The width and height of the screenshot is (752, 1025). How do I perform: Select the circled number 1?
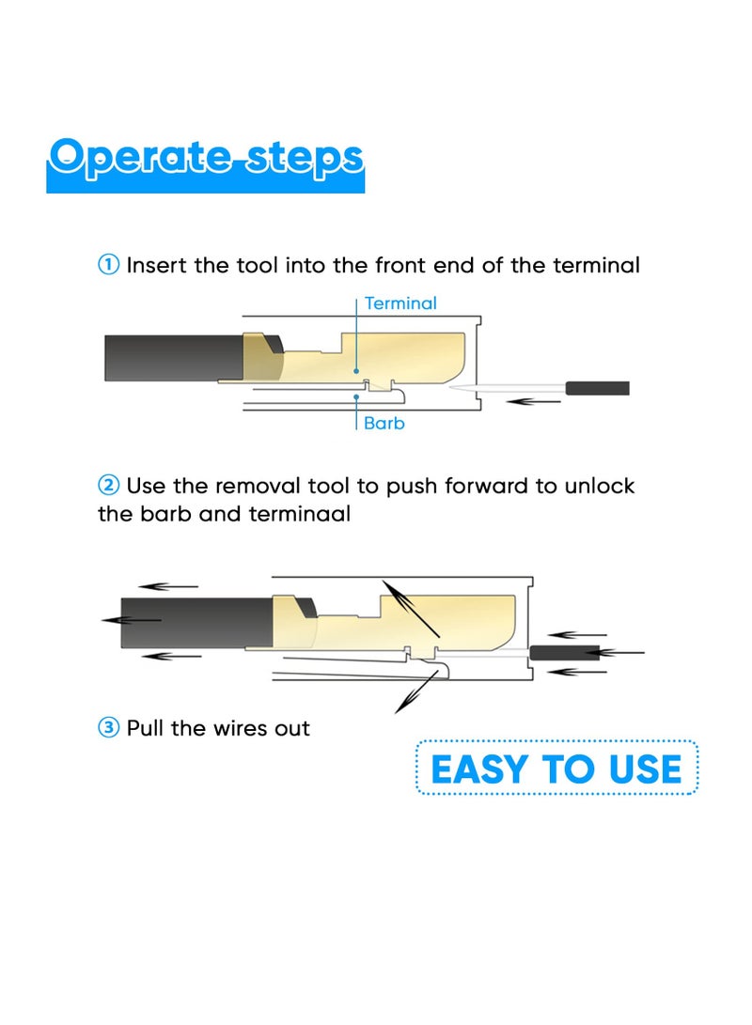pyautogui.click(x=108, y=265)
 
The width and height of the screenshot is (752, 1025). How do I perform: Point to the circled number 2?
pyautogui.click(x=108, y=486)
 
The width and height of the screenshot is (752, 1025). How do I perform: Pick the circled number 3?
pyautogui.click(x=108, y=728)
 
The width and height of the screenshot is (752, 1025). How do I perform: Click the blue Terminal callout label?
pyautogui.click(x=400, y=303)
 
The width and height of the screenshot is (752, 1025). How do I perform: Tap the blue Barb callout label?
pyautogui.click(x=384, y=424)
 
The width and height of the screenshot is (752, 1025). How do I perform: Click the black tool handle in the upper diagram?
pyautogui.click(x=596, y=388)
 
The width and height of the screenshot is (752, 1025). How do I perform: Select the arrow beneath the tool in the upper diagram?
pyautogui.click(x=534, y=402)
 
